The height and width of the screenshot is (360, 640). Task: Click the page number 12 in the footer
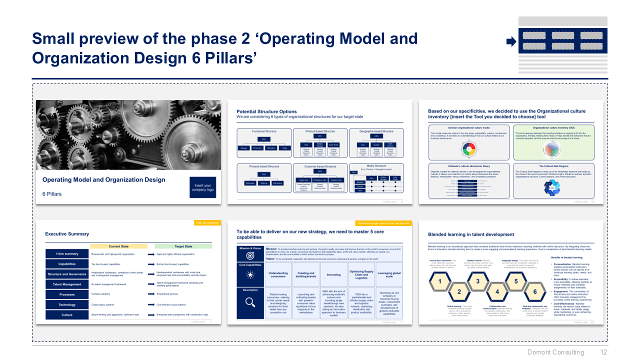pos(603,352)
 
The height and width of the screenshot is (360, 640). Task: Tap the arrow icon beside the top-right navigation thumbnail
pos(511,41)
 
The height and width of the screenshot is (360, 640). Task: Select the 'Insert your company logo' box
pos(202,187)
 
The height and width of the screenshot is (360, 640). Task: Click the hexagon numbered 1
pos(440,281)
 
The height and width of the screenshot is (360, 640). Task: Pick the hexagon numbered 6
pos(534,291)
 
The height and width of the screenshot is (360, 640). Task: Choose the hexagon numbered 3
pos(477,281)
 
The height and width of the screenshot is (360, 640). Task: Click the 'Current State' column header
pos(118,246)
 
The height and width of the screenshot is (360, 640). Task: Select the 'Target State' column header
pos(183,246)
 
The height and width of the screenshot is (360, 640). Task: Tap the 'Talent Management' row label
pos(67,284)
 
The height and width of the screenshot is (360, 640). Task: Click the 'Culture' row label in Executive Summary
pos(67,315)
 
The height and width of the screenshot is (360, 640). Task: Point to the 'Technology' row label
pos(67,304)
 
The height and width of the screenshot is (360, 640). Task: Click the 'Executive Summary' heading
pos(67,233)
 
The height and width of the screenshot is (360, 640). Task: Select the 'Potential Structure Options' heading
pos(266,111)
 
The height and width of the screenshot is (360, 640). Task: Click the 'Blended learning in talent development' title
pos(471,234)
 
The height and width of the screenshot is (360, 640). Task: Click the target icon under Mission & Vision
pos(250,255)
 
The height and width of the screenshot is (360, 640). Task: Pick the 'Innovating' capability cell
pos(333,274)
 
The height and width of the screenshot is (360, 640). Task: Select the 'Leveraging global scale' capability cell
pos(389,274)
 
